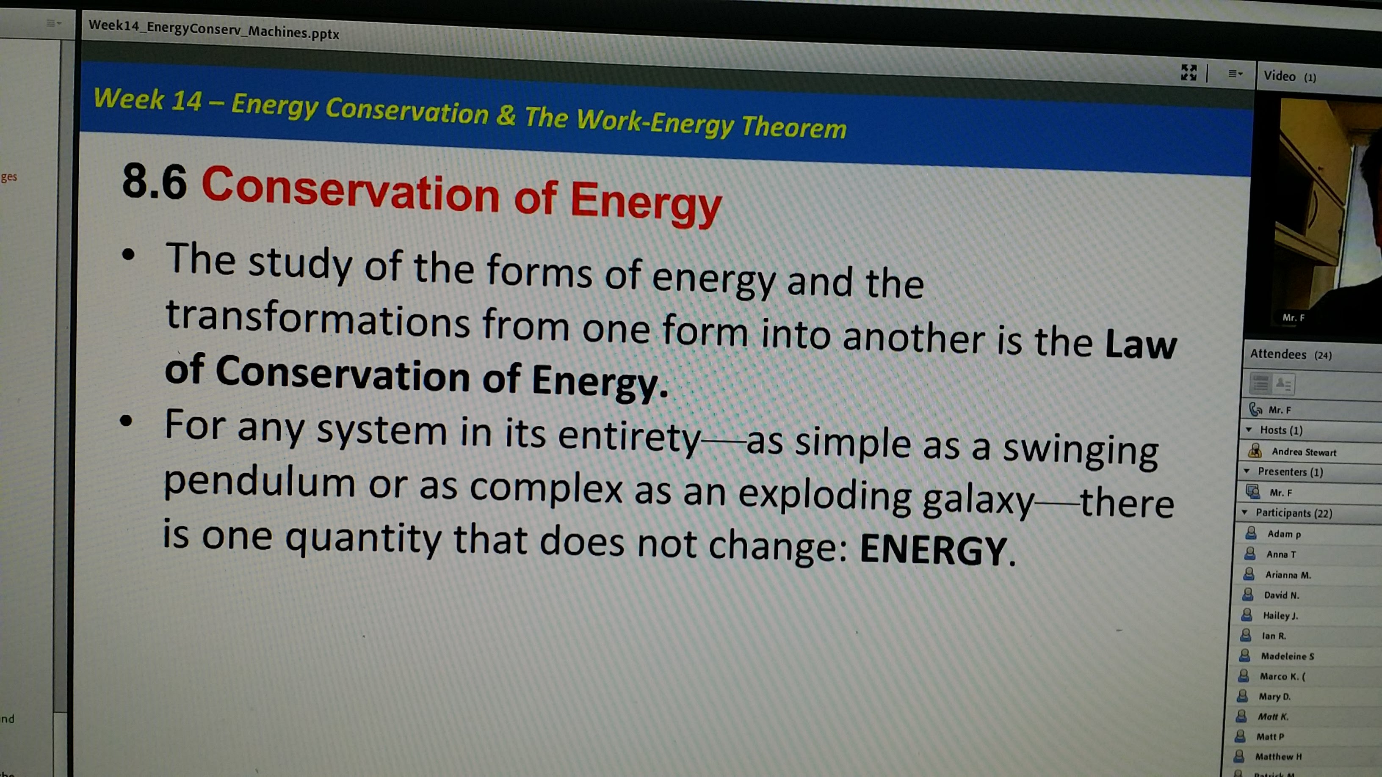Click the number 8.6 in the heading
point(155,181)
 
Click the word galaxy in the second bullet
point(978,498)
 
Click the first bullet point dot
point(128,254)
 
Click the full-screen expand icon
point(1189,72)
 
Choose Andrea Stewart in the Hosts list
point(1303,452)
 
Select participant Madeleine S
point(1287,656)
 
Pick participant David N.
point(1281,595)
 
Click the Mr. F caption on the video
point(1293,318)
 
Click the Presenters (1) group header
point(1290,472)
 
